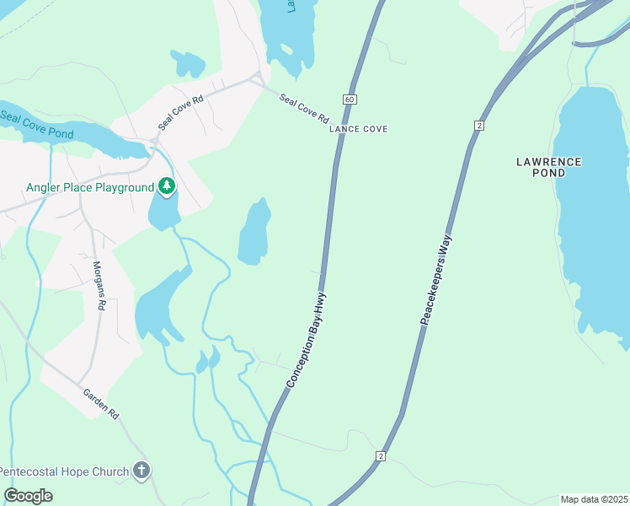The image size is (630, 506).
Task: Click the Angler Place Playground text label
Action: tap(90, 187)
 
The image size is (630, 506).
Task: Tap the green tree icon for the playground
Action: tap(167, 186)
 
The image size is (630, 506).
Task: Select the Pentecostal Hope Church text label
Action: tap(65, 471)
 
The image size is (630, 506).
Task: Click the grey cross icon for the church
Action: tap(141, 471)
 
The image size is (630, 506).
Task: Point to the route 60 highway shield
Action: tap(350, 100)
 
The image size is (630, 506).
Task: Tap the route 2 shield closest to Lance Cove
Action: tap(479, 125)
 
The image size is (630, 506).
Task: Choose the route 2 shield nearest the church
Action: tap(381, 456)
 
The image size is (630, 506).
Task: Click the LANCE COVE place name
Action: tap(358, 129)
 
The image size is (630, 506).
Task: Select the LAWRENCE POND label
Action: tap(548, 166)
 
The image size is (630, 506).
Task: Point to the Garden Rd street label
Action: tap(102, 404)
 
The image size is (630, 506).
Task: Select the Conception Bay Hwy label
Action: tap(307, 340)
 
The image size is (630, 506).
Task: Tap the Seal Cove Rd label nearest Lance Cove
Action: tap(304, 109)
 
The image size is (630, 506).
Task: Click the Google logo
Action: tap(28, 496)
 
